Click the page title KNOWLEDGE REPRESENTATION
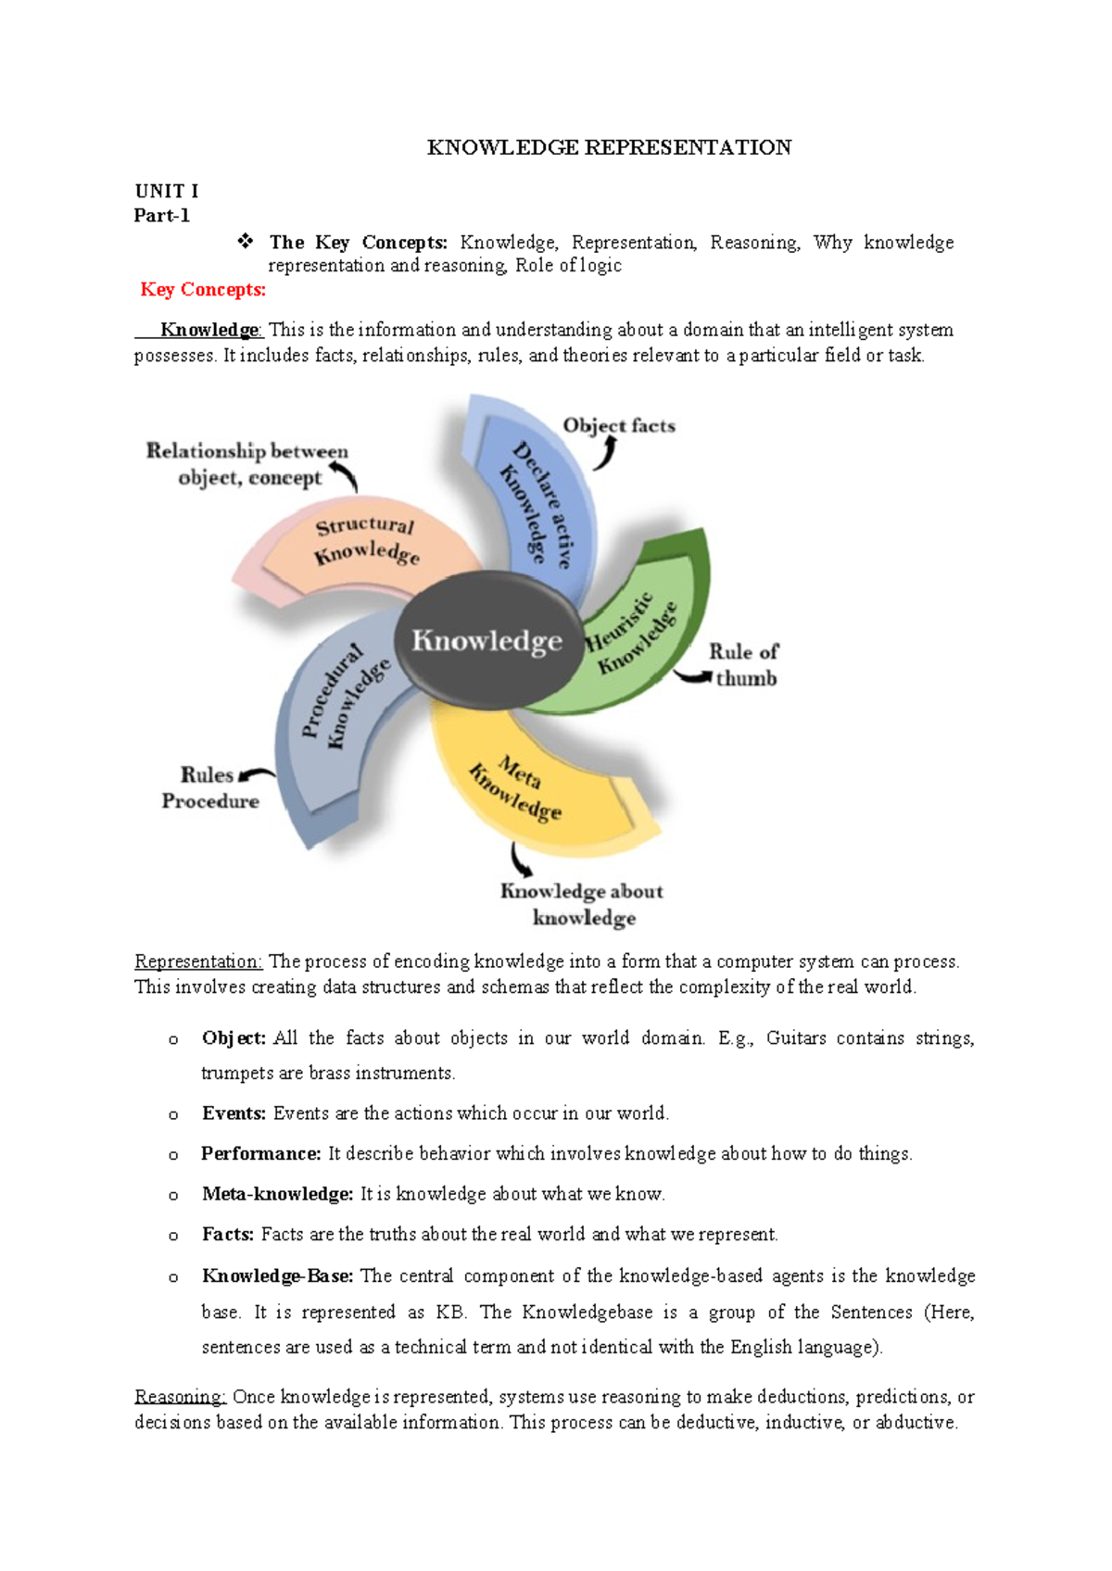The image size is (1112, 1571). click(609, 147)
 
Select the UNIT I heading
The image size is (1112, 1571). click(166, 191)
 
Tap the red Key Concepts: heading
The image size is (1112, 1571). click(203, 290)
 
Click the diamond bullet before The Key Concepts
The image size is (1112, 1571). click(246, 242)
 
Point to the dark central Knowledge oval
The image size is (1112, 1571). click(487, 640)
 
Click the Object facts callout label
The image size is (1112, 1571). click(619, 426)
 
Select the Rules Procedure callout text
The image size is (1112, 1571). click(210, 787)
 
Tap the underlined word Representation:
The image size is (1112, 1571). click(198, 961)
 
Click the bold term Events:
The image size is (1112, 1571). click(234, 1113)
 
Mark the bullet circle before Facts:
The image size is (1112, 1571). click(173, 1236)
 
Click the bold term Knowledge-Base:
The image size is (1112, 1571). click(278, 1276)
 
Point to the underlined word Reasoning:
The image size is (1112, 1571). click(181, 1397)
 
